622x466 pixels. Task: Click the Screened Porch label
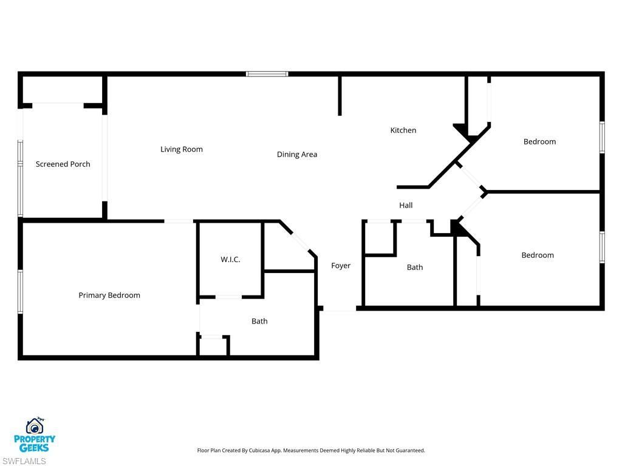pos(63,164)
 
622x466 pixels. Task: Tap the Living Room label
pos(182,149)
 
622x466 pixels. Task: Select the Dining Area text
pos(297,154)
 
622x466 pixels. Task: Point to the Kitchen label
pos(403,130)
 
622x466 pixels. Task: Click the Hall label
pos(406,205)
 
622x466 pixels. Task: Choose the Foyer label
pos(341,265)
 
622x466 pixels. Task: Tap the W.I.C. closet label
pos(230,259)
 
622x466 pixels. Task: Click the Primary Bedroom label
pos(109,295)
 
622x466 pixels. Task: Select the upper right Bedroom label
pos(539,141)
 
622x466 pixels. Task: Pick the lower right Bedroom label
pos(538,255)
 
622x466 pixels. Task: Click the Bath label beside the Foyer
pos(415,267)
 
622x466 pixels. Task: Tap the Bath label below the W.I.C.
pos(259,321)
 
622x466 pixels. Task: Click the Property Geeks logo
pos(35,435)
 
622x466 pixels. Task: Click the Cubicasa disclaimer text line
pos(311,450)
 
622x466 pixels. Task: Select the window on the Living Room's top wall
pos(267,74)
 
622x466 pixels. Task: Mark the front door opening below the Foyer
pos(339,310)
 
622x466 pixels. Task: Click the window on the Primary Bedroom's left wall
pos(20,292)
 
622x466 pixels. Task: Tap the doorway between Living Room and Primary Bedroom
pos(179,221)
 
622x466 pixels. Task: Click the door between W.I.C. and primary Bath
pos(230,297)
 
